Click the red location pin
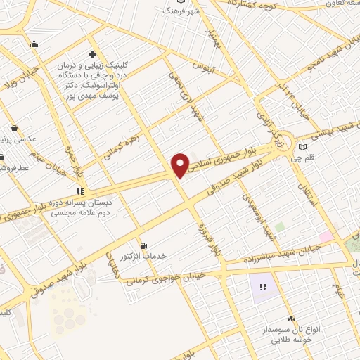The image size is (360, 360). (181, 165)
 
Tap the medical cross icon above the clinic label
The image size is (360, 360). (92, 54)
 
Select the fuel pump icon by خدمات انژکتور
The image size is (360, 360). (144, 245)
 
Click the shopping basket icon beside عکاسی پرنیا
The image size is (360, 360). (15, 129)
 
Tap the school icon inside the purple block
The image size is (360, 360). (264, 287)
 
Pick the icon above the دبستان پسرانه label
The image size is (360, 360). (81, 190)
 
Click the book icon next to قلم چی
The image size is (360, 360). (303, 147)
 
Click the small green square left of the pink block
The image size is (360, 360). (280, 227)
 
